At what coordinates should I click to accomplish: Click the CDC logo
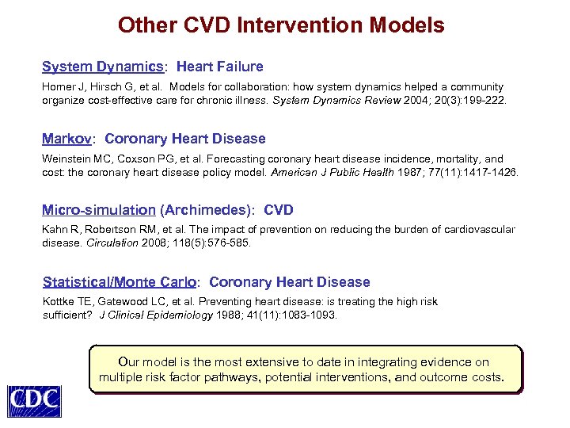tap(34, 399)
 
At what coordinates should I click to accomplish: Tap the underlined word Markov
tap(67, 139)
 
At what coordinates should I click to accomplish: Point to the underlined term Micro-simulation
tap(99, 210)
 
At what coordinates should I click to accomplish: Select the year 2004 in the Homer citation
tap(416, 101)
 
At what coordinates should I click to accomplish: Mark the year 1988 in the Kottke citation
tap(230, 315)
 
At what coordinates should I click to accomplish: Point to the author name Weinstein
tap(67, 159)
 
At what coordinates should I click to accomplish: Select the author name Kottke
tap(58, 301)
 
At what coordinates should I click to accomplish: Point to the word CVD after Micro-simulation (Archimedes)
tap(278, 210)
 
